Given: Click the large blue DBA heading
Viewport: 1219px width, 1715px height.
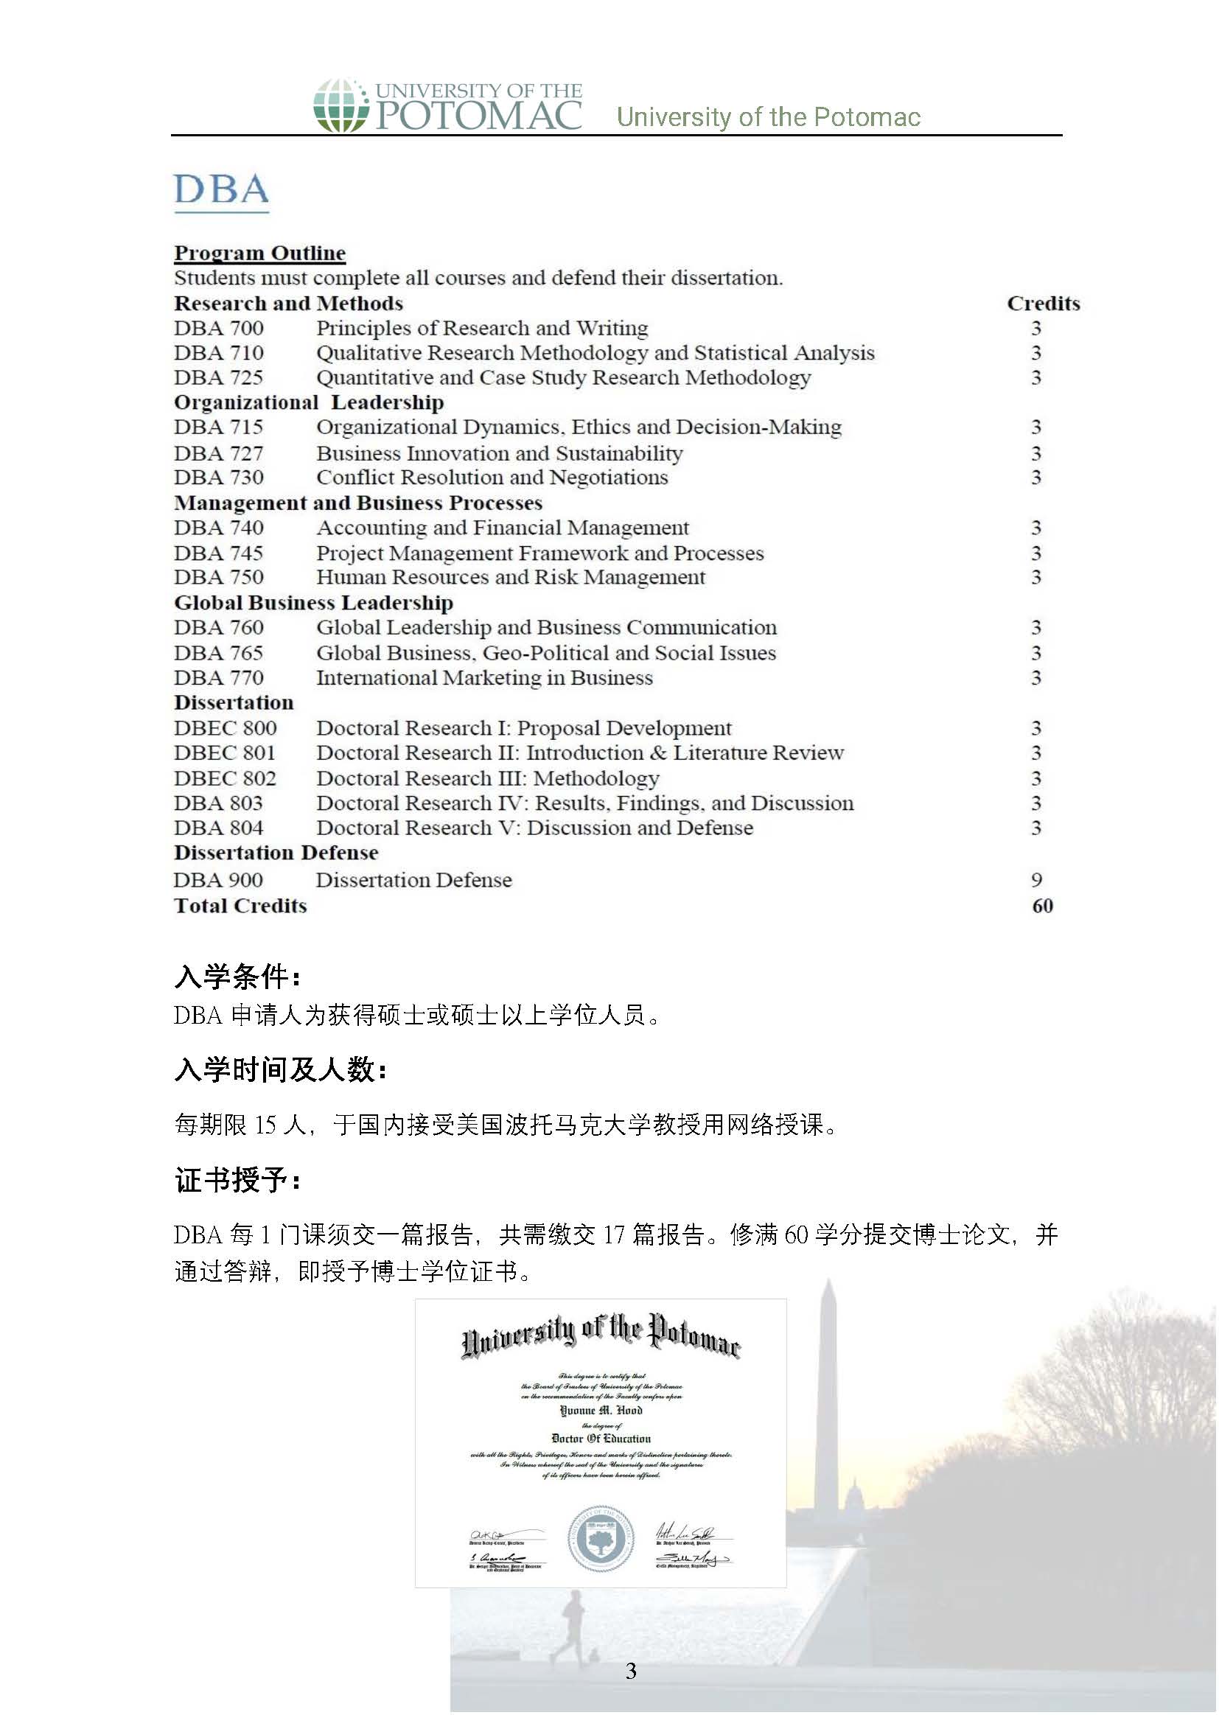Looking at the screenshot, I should click(221, 190).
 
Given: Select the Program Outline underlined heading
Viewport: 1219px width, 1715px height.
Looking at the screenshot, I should click(259, 253).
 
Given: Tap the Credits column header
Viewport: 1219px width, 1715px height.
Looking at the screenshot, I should click(1043, 303).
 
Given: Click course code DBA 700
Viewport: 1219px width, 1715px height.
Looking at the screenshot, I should click(218, 328).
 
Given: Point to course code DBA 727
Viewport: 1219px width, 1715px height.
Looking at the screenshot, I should click(218, 453).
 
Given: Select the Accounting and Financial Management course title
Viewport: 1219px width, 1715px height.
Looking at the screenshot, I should click(502, 528).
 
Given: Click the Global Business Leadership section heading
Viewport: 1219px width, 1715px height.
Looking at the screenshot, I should click(313, 603).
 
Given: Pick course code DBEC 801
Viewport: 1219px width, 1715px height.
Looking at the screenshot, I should click(225, 752).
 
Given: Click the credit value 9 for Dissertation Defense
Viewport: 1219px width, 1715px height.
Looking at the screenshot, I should click(1035, 880).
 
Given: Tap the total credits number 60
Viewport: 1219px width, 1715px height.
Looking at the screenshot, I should click(1042, 906).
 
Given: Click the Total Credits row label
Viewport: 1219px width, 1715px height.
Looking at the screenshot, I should click(240, 906).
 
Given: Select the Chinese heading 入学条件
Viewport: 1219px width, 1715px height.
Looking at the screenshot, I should click(237, 977).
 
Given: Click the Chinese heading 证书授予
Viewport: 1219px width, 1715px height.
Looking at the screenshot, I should click(237, 1181).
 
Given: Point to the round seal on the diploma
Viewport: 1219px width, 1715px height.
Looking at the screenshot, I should click(600, 1538).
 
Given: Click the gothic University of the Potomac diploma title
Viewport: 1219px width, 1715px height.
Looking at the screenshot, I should click(600, 1337).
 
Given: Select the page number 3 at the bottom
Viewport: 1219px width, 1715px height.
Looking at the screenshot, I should click(631, 1670).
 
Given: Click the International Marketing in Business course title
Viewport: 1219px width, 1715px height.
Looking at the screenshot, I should click(484, 678).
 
